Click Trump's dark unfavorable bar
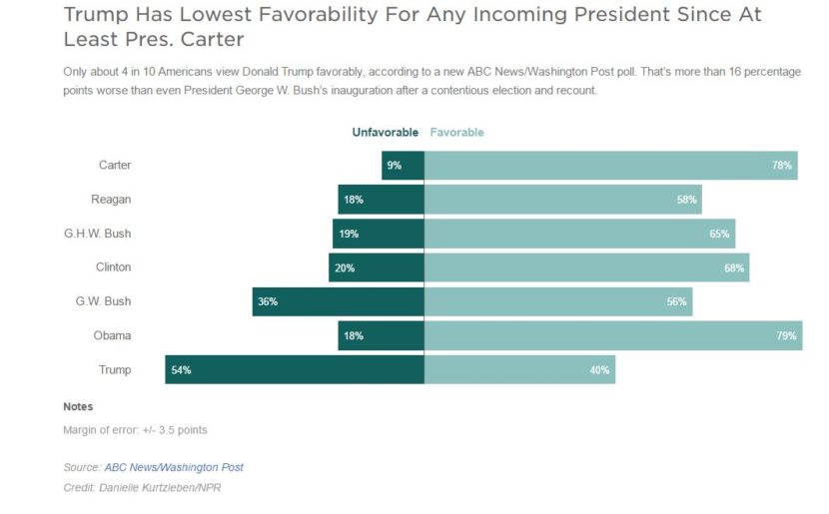[x=295, y=369]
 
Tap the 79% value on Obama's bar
[x=786, y=336]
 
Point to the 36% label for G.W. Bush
[x=267, y=301]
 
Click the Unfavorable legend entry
[x=385, y=132]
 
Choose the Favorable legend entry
[x=456, y=132]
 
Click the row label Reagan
[x=111, y=200]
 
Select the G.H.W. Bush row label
[x=97, y=234]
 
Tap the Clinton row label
[x=112, y=267]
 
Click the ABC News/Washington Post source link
[x=174, y=467]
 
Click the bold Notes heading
[x=78, y=407]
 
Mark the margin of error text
[x=135, y=430]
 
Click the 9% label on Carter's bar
[x=395, y=166]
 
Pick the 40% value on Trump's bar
[x=599, y=370]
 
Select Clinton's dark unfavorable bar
[x=377, y=267]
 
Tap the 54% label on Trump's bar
[x=181, y=370]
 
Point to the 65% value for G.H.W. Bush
[x=719, y=234]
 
